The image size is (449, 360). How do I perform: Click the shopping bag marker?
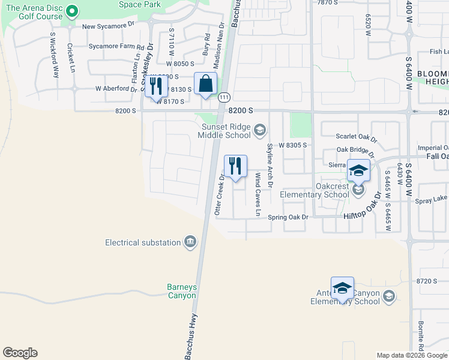pyautogui.click(x=205, y=85)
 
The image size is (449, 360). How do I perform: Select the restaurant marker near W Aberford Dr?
pyautogui.click(x=156, y=85)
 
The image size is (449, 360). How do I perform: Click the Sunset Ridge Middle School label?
pyautogui.click(x=226, y=130)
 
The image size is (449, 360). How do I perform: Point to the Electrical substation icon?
pyautogui.click(x=190, y=242)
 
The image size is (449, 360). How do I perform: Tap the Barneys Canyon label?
pyautogui.click(x=181, y=291)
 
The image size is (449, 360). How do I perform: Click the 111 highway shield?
pyautogui.click(x=224, y=97)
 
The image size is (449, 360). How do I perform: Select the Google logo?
pyautogui.click(x=20, y=352)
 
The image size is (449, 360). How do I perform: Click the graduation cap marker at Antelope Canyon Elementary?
pyautogui.click(x=342, y=289)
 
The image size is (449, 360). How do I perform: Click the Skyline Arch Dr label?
pyautogui.click(x=270, y=164)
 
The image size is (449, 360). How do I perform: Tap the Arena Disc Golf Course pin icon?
pyautogui.click(x=72, y=11)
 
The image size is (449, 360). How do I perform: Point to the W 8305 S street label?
pyautogui.click(x=292, y=145)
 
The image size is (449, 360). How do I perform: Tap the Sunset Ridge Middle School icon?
pyautogui.click(x=260, y=130)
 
